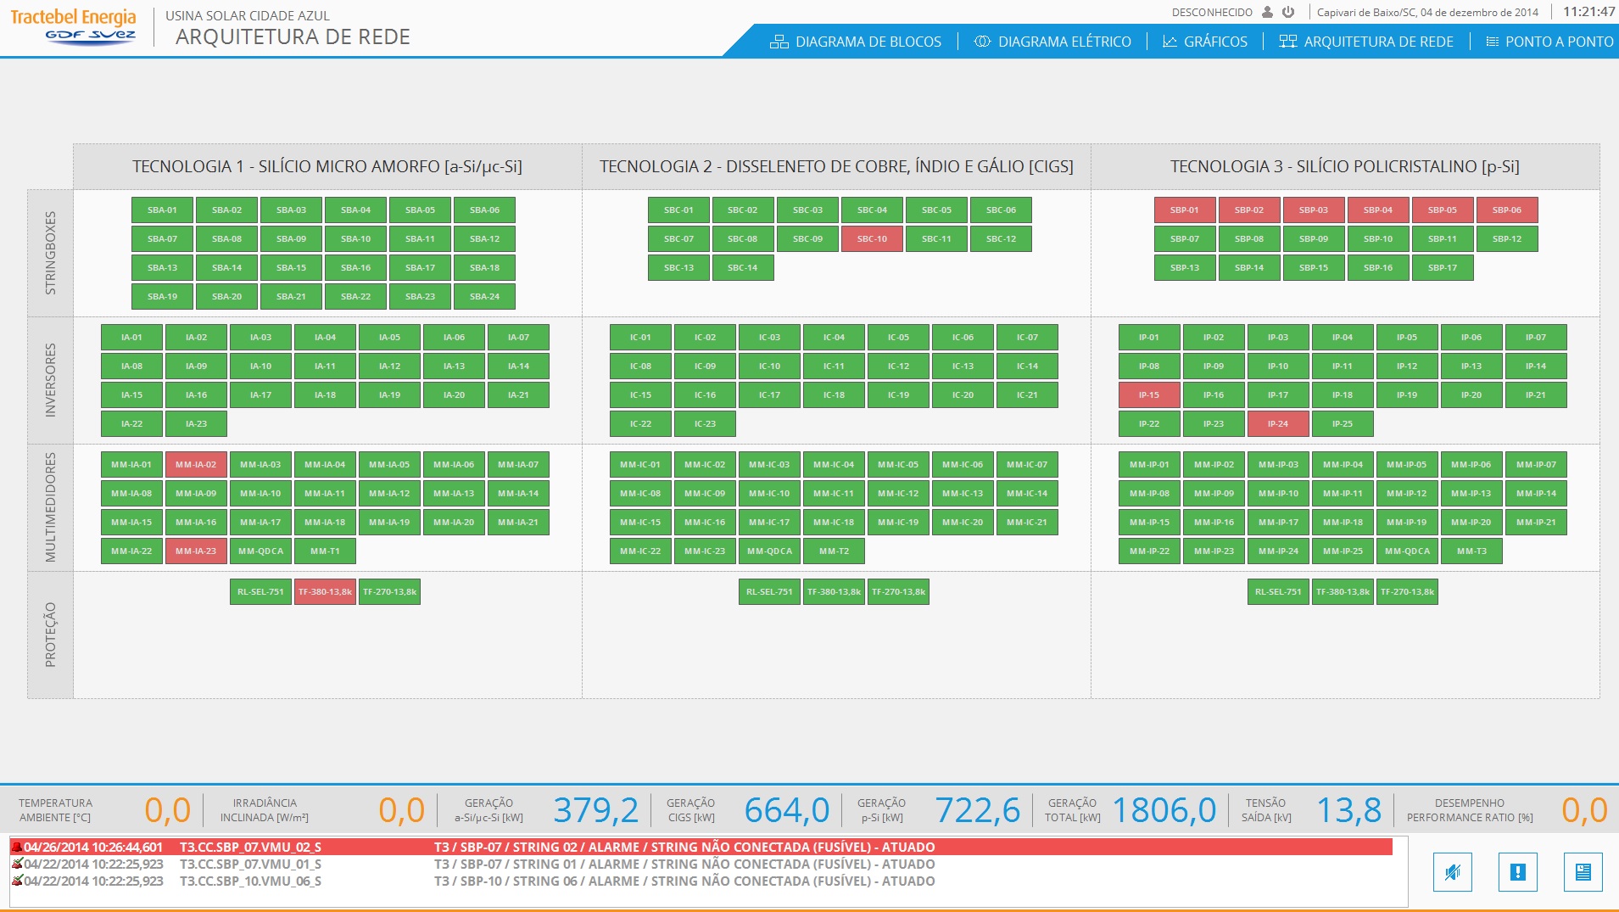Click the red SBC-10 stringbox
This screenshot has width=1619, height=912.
pyautogui.click(x=872, y=239)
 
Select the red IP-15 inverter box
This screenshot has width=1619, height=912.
pyautogui.click(x=1149, y=395)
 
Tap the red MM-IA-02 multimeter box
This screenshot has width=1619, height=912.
pyautogui.click(x=196, y=465)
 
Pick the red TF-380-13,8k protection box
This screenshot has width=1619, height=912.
pyautogui.click(x=325, y=592)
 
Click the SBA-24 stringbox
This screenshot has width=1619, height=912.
pyautogui.click(x=484, y=297)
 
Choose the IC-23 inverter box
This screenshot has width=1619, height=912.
pyautogui.click(x=705, y=424)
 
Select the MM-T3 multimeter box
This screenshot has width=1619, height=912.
pyautogui.click(x=1471, y=551)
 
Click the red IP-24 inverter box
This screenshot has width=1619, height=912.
pyautogui.click(x=1278, y=424)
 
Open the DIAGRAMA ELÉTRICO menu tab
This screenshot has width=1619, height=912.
pyautogui.click(x=1052, y=42)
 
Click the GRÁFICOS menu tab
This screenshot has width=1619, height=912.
pyautogui.click(x=1205, y=42)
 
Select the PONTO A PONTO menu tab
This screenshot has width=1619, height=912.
pyautogui.click(x=1549, y=42)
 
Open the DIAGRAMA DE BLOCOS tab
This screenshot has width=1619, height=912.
pyautogui.click(x=856, y=42)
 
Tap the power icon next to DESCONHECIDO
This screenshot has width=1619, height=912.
pyautogui.click(x=1288, y=12)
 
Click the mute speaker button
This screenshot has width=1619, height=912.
pyautogui.click(x=1453, y=872)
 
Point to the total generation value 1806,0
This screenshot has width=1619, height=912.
pyautogui.click(x=1164, y=810)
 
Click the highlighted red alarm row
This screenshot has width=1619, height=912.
pyautogui.click(x=701, y=848)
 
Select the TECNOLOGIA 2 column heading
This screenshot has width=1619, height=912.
pyautogui.click(x=836, y=166)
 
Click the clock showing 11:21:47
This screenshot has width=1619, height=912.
pyautogui.click(x=1588, y=12)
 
